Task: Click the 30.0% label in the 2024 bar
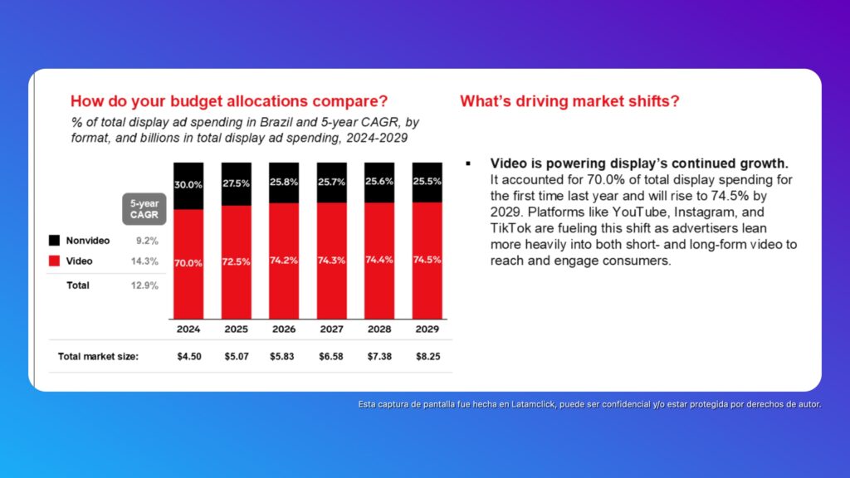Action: pos(188,185)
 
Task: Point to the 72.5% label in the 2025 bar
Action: pos(237,260)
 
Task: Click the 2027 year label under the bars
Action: pos(332,329)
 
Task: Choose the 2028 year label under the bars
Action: pos(379,329)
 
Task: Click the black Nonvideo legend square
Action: pos(54,241)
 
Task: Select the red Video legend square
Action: pos(54,261)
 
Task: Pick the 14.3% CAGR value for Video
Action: pos(146,261)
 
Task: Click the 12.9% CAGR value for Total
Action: pos(146,285)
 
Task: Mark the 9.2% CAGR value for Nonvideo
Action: pos(148,241)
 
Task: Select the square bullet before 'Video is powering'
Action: pos(469,163)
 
